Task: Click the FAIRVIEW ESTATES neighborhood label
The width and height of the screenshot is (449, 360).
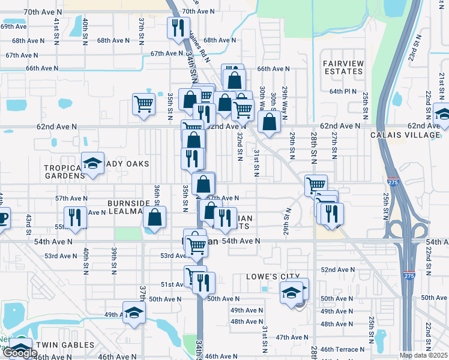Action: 343,67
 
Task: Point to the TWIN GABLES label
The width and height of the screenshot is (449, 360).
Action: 65,345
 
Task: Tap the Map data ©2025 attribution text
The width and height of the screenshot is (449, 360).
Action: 424,355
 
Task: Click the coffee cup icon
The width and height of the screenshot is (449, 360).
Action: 2,217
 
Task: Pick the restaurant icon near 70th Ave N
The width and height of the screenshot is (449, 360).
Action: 178,28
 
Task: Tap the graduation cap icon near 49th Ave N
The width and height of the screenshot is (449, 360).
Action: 134,312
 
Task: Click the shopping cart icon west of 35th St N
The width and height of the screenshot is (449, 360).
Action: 144,104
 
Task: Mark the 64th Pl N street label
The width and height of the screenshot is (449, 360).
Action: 343,92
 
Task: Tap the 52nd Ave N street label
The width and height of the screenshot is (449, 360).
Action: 337,270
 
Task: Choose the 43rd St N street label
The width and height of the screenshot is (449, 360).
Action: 28,220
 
